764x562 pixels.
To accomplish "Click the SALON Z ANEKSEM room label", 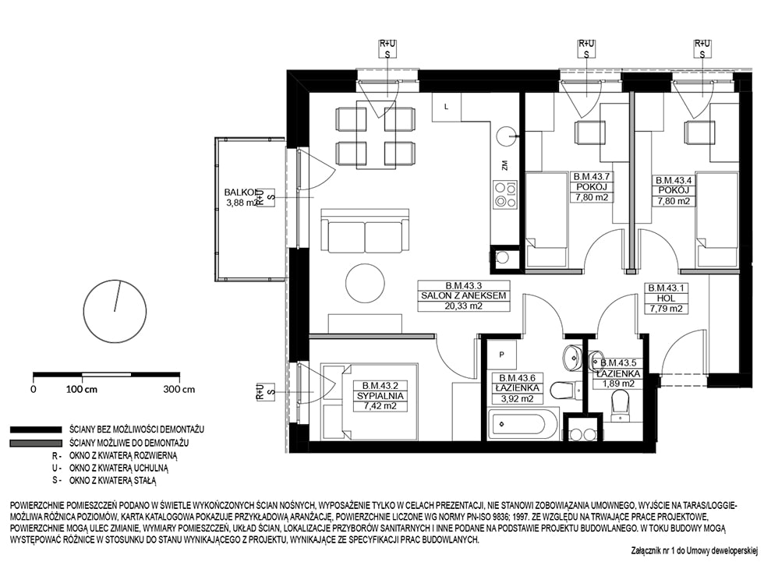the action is point(463,295).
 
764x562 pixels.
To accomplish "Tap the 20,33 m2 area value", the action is point(463,306).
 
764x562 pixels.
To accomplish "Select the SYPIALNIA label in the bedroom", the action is point(380,396).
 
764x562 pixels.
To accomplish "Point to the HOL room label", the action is point(666,298).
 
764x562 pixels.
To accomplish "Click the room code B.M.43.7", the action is point(591,177).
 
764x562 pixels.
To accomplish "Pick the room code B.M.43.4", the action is point(674,180).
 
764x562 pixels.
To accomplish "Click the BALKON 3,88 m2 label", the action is point(241,198).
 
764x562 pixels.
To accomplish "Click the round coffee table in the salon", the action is point(365,283).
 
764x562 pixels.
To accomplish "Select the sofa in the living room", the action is point(365,231).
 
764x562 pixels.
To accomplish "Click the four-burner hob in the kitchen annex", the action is point(505,194).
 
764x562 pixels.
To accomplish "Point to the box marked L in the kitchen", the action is point(446,107).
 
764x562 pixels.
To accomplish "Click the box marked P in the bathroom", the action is point(501,355).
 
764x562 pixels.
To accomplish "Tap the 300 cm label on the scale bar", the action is point(179,390).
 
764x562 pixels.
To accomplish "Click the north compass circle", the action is point(115,311).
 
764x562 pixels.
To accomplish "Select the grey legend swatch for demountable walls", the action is point(36,444).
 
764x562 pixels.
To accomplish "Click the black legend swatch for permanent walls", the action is point(36,429).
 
